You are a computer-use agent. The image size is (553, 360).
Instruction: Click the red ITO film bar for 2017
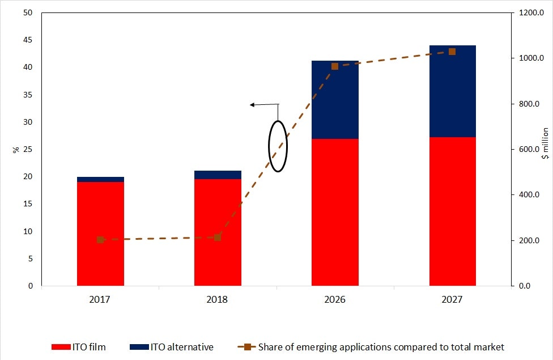tap(100, 234)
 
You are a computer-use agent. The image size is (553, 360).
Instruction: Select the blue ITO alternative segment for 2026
tap(335, 100)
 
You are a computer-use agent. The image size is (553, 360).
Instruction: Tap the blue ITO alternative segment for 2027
tap(452, 91)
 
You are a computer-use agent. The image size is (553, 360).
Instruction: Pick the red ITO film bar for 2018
tap(218, 232)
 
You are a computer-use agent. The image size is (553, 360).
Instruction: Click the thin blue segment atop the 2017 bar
tap(100, 179)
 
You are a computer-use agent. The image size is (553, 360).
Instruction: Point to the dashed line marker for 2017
tap(100, 240)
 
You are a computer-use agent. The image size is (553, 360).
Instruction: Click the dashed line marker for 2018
tap(218, 238)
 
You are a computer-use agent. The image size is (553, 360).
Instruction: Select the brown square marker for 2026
tap(335, 66)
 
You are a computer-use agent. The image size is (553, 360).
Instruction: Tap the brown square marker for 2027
tap(452, 52)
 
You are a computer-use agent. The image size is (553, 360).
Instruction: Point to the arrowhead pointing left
tap(253, 104)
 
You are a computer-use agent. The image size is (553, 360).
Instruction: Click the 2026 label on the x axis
tap(335, 299)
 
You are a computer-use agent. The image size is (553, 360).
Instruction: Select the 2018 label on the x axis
tap(218, 299)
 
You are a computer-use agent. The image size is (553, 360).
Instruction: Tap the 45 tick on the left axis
tap(27, 40)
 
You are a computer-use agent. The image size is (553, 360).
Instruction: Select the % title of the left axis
tap(16, 150)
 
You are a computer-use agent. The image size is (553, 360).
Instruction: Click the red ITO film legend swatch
tap(61, 347)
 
